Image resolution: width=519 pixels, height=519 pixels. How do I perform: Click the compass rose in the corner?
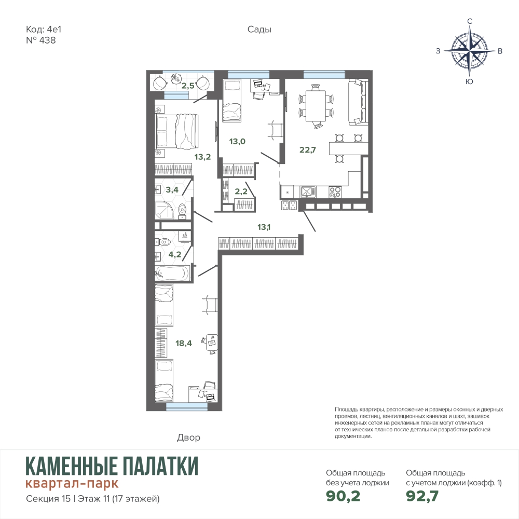pos(469,51)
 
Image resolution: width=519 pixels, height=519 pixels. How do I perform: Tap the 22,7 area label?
pos(307,149)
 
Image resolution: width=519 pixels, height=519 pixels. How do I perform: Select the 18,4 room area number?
pos(183,343)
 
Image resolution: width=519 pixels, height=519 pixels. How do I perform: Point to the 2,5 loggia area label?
pos(188,86)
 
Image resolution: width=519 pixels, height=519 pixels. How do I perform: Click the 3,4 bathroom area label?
pos(172,189)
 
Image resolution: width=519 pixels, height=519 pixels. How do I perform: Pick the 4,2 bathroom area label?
pos(174,254)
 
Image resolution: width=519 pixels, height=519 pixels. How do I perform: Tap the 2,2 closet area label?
pos(241,192)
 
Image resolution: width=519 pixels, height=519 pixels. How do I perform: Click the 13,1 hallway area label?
pos(264,227)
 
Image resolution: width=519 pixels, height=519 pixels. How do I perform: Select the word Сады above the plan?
pos(259,30)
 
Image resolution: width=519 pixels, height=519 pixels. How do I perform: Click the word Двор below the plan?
pos(188,438)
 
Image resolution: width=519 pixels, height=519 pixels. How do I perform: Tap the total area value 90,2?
pos(343,496)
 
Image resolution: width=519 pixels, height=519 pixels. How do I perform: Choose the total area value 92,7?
pos(422,496)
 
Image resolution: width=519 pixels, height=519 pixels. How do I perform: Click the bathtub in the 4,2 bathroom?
pos(172,274)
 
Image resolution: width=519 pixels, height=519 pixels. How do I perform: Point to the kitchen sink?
pos(308,192)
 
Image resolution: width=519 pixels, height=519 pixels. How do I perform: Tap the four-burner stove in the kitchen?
pos(335,192)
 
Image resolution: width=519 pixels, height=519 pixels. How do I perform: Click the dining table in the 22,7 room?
pos(316,106)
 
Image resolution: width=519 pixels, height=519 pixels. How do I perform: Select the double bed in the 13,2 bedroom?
pos(177,131)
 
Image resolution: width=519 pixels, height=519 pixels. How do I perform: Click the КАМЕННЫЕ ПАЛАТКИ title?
pos(112,466)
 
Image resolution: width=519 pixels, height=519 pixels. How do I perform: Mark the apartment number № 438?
pos(40,40)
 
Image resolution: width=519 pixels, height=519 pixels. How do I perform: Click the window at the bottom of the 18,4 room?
pos(188,407)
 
